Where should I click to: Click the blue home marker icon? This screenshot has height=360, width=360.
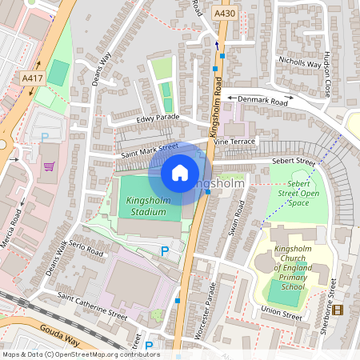(x=180, y=172)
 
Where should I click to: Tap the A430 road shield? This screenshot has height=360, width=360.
(x=225, y=14)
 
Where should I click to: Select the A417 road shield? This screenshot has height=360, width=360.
(x=32, y=78)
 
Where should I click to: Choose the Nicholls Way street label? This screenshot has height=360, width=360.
(x=298, y=61)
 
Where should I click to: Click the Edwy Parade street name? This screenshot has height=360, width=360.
(x=156, y=119)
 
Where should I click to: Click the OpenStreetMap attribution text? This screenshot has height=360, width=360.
(x=80, y=354)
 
